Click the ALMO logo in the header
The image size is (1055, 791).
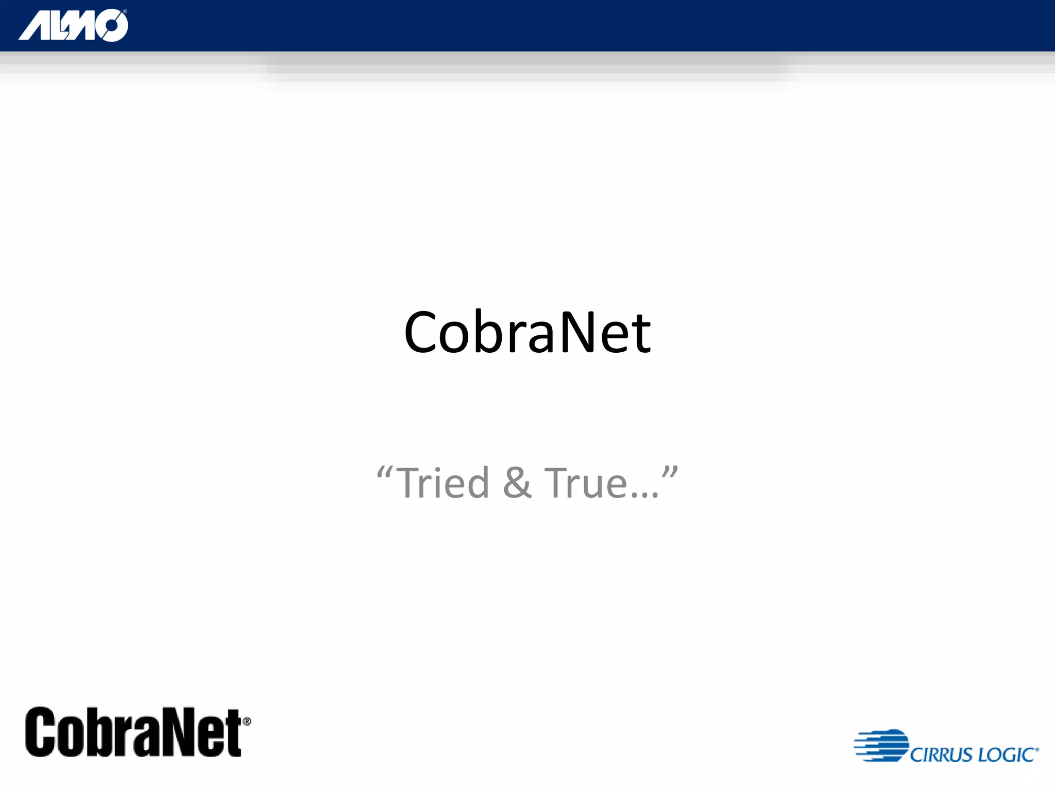(73, 25)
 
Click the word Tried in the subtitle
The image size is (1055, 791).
(444, 483)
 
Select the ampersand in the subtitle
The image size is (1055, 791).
(517, 483)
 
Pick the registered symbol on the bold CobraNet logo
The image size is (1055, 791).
(247, 721)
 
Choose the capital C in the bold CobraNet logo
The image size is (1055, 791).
(41, 732)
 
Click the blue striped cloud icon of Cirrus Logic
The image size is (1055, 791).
(882, 745)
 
